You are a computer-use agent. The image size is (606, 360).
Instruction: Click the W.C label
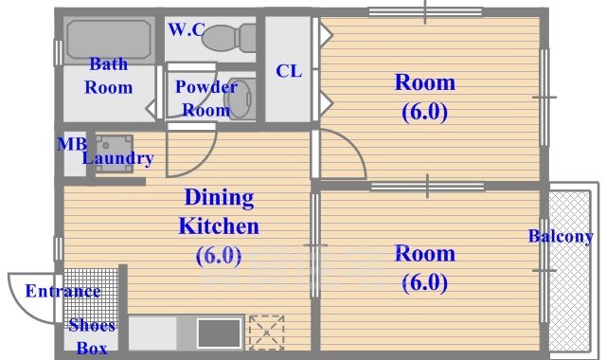pos(187,29)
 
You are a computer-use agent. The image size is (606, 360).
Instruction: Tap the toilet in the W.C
pos(229,38)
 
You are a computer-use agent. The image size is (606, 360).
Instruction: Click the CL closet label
pos(289,71)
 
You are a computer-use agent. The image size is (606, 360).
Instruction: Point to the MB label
pos(72,144)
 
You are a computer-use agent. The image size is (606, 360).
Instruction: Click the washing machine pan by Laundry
pos(115,153)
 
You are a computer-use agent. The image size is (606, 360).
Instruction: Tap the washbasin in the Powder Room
pos(242,99)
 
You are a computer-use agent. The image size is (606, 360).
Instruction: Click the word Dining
pos(219,198)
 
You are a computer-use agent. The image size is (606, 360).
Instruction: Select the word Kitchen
pos(219,226)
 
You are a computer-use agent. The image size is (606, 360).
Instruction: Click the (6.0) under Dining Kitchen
pos(219,256)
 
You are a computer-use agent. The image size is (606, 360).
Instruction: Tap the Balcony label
pos(561,236)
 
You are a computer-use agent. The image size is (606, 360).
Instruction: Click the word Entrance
pos(63,291)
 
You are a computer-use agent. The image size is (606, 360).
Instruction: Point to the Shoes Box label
pos(92,337)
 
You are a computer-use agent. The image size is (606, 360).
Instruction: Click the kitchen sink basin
pos(219,333)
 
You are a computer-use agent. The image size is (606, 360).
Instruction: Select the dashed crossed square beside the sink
pos(267,333)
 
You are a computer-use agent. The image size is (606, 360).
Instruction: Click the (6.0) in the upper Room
pos(425,112)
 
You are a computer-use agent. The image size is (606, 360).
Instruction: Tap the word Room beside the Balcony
pos(425,254)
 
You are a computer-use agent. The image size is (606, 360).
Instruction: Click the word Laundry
pos(117,158)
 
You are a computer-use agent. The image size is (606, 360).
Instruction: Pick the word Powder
pos(206,87)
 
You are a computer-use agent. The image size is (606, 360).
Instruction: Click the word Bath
pos(109,64)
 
